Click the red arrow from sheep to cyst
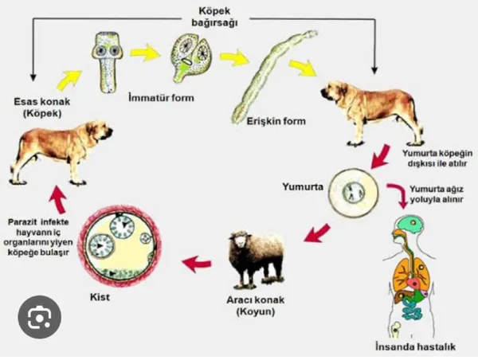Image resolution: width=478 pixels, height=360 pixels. pyautogui.click(x=194, y=262)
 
